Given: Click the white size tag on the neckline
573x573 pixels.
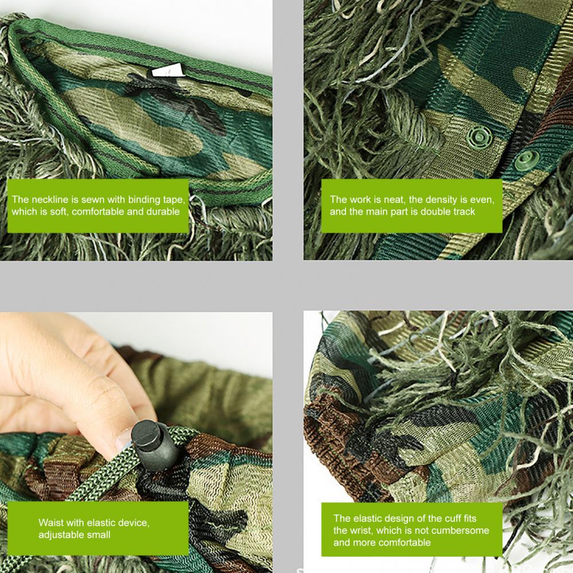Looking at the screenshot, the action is coord(168,70).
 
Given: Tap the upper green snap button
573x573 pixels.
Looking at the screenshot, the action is coord(479,137).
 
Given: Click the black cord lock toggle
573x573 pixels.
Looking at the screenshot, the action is coord(154,445).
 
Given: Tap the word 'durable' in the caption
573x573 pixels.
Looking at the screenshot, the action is coord(163,211).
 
